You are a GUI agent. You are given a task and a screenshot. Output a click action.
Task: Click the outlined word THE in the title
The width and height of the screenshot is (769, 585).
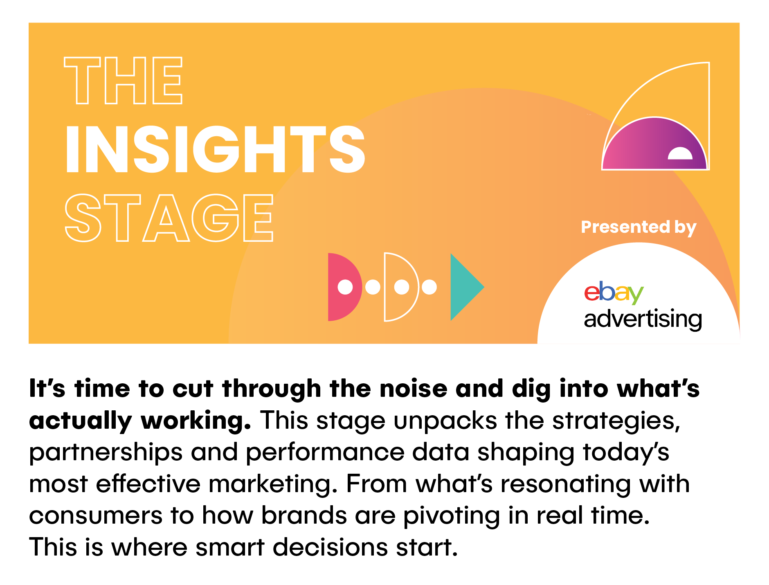click(x=123, y=80)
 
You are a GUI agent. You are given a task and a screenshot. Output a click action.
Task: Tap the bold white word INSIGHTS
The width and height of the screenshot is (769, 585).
click(x=215, y=149)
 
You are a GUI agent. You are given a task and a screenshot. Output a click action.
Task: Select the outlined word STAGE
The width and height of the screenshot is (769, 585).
click(x=169, y=218)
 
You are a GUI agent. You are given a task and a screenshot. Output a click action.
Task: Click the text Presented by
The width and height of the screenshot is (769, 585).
click(x=639, y=227)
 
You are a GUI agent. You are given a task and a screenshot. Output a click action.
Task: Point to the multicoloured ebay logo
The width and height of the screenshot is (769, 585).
click(x=614, y=292)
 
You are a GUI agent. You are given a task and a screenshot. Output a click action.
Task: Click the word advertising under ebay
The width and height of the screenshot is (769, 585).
click(x=643, y=319)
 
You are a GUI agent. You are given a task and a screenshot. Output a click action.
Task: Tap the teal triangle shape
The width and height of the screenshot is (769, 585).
click(x=467, y=287)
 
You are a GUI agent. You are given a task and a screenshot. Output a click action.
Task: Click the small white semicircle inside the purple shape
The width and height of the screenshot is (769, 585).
click(x=680, y=154)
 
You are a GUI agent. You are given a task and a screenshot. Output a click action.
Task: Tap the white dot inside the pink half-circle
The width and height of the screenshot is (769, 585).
click(x=345, y=287)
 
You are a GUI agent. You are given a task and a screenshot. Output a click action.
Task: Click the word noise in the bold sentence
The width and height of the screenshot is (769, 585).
click(x=414, y=388)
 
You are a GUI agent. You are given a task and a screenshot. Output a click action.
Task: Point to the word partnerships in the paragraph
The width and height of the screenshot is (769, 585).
click(x=106, y=453)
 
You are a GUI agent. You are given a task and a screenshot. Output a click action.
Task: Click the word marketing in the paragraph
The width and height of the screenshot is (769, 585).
click(x=273, y=484)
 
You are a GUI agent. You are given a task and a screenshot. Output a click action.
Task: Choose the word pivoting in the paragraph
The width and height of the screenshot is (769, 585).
click(x=452, y=516)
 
